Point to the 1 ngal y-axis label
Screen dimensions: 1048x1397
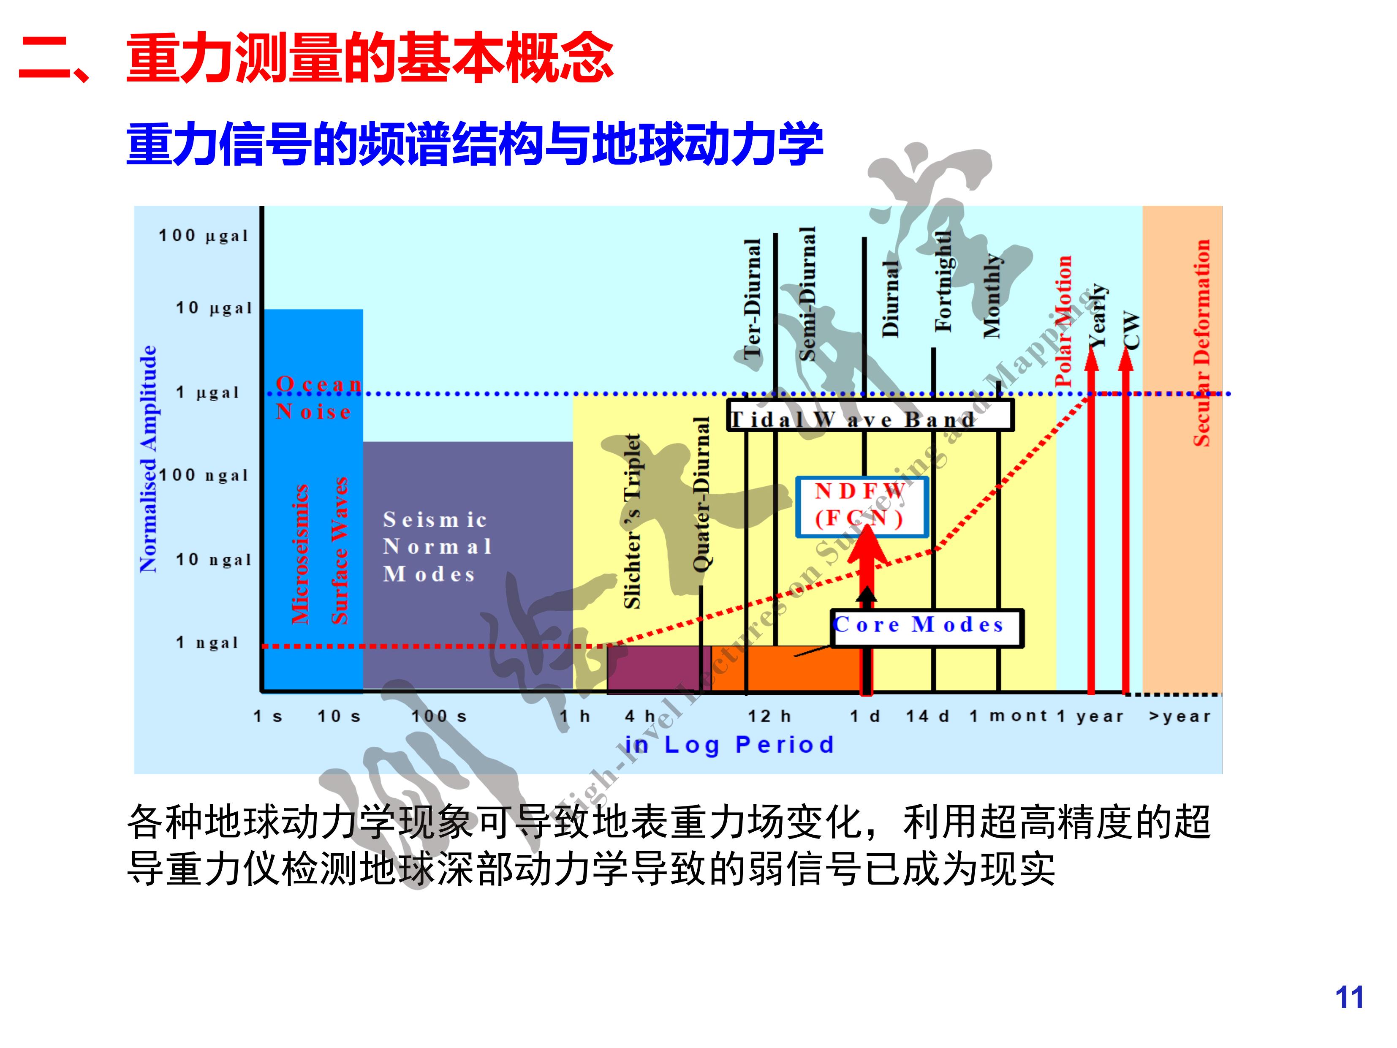click(207, 643)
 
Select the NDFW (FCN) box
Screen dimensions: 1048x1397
click(862, 506)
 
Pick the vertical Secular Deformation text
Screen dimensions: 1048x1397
click(1201, 343)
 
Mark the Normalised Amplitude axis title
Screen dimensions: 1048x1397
click(148, 459)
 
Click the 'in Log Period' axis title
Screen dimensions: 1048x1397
click(729, 745)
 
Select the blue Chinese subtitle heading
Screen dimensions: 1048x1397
click(474, 144)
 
